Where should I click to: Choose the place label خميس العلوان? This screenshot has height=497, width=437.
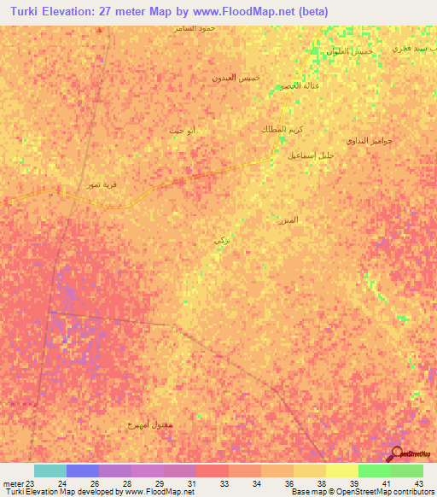(x=348, y=51)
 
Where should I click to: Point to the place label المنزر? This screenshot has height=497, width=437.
(x=288, y=220)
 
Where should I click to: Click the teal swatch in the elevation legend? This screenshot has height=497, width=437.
(x=50, y=471)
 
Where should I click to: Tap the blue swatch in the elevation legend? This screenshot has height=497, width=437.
(x=83, y=471)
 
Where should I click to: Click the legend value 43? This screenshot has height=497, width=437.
(x=418, y=483)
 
